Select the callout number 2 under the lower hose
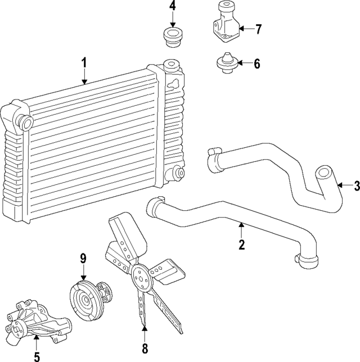pyautogui.click(x=242, y=245)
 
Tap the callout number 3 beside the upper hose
pyautogui.click(x=355, y=186)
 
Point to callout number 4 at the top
pyautogui.click(x=173, y=7)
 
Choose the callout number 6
pyautogui.click(x=256, y=64)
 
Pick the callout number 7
pyautogui.click(x=258, y=29)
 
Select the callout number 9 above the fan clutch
pyautogui.click(x=83, y=259)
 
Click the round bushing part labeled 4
pyautogui.click(x=173, y=37)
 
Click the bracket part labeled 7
pyautogui.click(x=226, y=25)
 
